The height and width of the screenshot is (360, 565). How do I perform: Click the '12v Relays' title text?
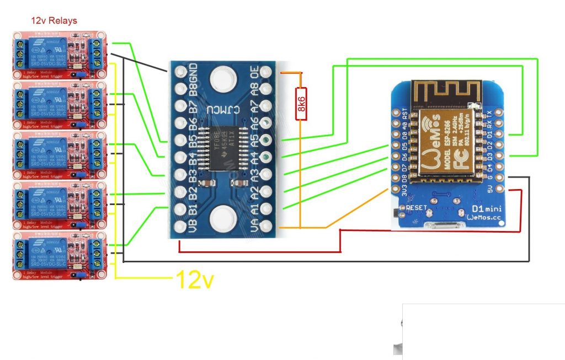tap(54, 21)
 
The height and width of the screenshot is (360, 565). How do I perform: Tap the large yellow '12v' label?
tap(194, 280)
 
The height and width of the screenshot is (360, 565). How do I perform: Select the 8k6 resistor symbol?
tap(301, 104)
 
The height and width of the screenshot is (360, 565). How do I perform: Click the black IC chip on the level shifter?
tap(223, 149)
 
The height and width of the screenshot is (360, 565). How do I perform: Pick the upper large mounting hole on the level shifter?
tap(223, 74)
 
